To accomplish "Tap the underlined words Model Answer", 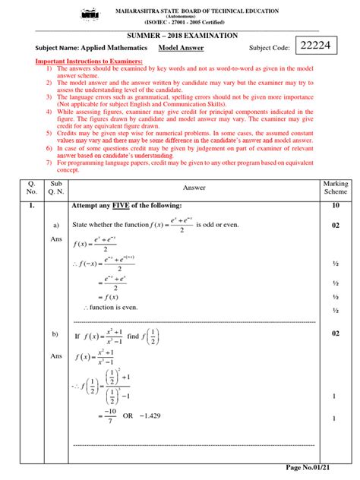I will [x=182, y=48].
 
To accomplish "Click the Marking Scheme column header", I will [x=335, y=188].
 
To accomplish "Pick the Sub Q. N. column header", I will [x=55, y=188].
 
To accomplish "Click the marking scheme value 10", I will [x=335, y=206].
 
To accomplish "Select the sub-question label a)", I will [x=55, y=226].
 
